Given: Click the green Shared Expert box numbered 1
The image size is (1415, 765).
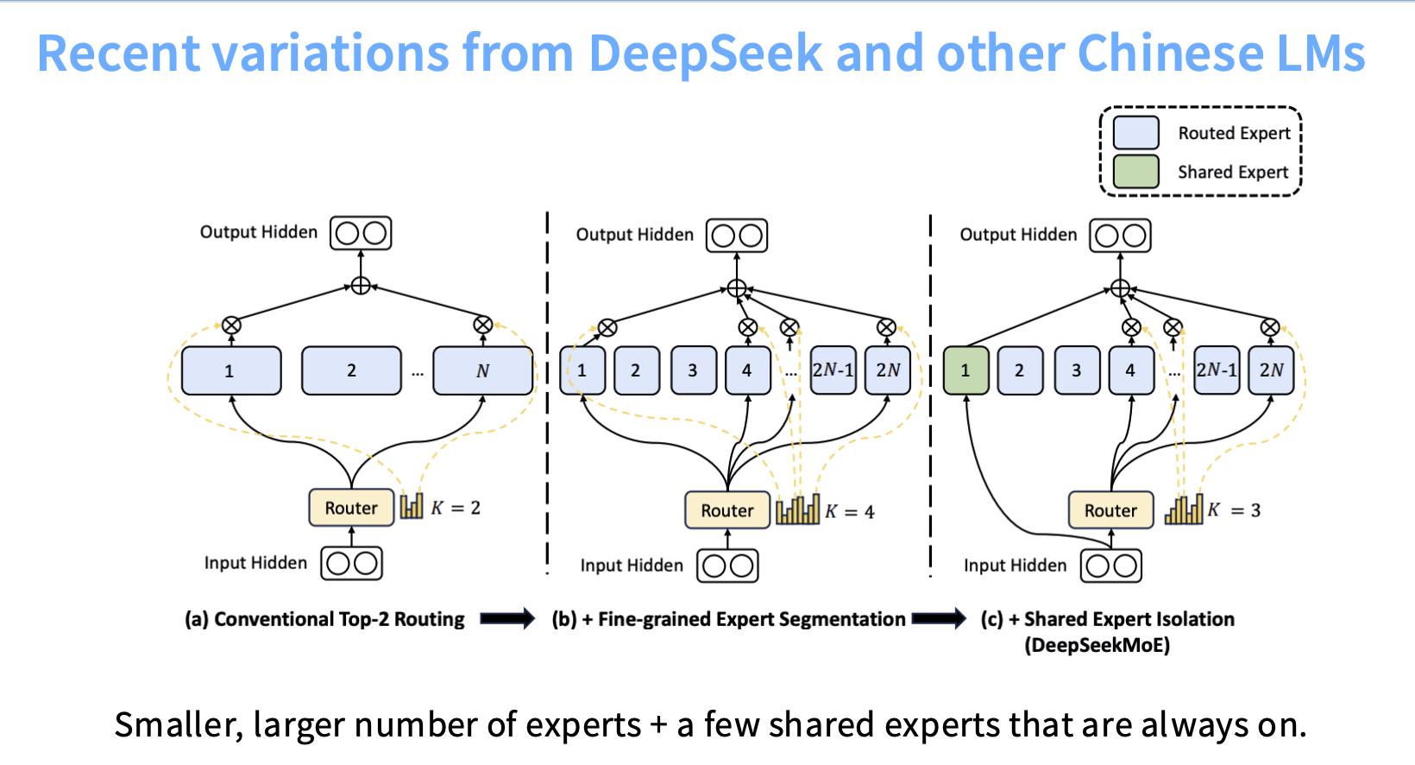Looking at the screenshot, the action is pyautogui.click(x=965, y=370).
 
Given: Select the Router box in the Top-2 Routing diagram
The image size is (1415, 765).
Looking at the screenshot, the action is pyautogui.click(x=351, y=507).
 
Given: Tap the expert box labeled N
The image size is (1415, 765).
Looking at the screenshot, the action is pyautogui.click(x=482, y=370).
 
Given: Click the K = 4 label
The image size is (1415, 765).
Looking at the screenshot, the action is pyautogui.click(x=850, y=511).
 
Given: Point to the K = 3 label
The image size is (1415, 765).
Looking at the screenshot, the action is pyautogui.click(x=1234, y=509).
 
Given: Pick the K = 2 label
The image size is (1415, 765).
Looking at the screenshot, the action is pyautogui.click(x=456, y=508).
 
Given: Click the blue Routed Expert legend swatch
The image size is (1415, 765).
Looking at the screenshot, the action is pyautogui.click(x=1135, y=132).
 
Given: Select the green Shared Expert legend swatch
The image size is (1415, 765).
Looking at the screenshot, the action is pyautogui.click(x=1135, y=171).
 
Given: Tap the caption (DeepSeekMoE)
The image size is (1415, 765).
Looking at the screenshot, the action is pyautogui.click(x=1097, y=646).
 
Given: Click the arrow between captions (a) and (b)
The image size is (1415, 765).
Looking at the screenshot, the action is pyautogui.click(x=507, y=618).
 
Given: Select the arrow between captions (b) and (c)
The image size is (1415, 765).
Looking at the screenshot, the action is pyautogui.click(x=940, y=618).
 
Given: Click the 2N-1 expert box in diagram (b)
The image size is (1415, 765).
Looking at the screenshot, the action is pyautogui.click(x=833, y=370).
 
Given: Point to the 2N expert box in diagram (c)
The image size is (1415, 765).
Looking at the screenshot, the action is pyautogui.click(x=1271, y=370).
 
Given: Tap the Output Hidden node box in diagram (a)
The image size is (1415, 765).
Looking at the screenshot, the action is pyautogui.click(x=361, y=233).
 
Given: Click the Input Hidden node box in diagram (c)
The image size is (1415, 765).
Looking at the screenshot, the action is pyautogui.click(x=1111, y=566).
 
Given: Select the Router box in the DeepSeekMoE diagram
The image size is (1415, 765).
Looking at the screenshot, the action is pyautogui.click(x=1111, y=509).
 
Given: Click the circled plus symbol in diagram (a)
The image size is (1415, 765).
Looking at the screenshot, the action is pyautogui.click(x=361, y=286).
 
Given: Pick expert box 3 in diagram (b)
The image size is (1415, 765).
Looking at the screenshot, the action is pyautogui.click(x=693, y=370).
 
